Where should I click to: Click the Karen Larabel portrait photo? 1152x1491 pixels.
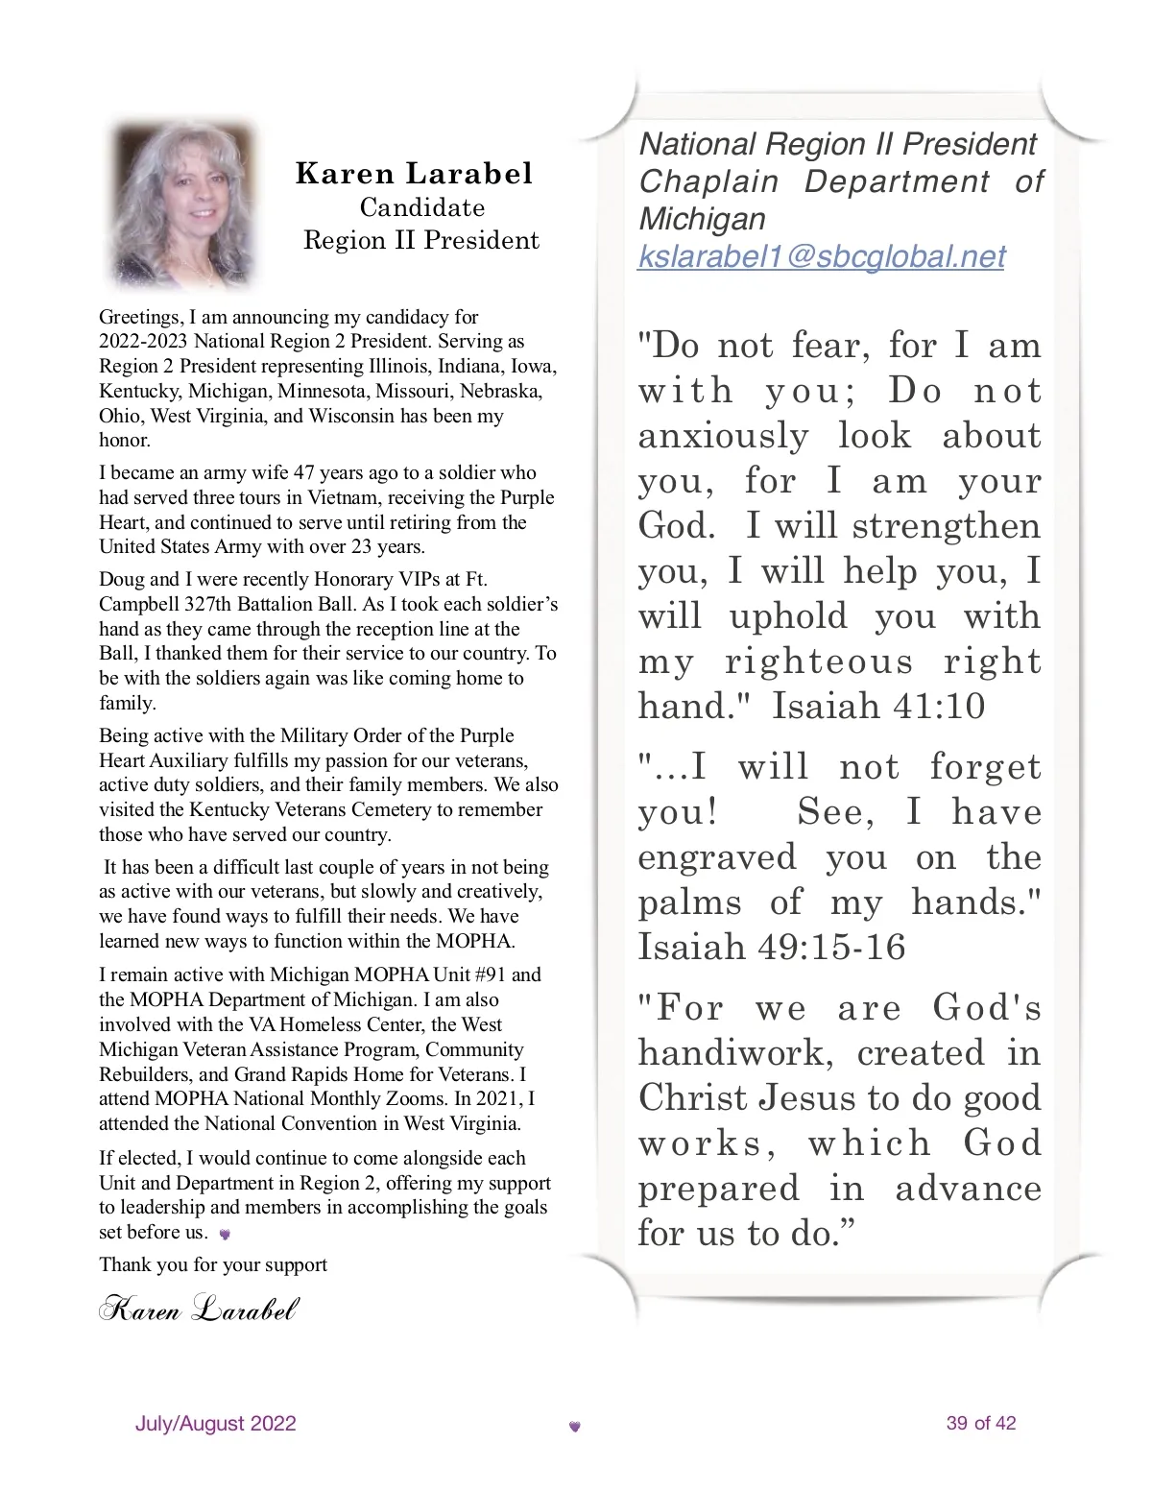click(x=182, y=204)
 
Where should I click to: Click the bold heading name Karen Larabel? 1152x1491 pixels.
click(x=414, y=174)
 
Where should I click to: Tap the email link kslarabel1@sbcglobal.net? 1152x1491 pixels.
click(x=822, y=256)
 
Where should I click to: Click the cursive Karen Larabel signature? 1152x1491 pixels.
click(x=199, y=1309)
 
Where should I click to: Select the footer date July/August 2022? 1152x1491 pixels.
click(x=216, y=1423)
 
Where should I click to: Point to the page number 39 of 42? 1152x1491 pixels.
click(x=980, y=1423)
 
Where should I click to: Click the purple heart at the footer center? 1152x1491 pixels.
click(x=575, y=1427)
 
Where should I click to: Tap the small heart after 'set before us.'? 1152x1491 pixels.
click(x=225, y=1235)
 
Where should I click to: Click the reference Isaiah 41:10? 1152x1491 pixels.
click(x=878, y=707)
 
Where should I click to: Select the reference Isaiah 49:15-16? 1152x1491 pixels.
click(x=772, y=948)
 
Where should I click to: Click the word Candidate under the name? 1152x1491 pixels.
click(x=422, y=207)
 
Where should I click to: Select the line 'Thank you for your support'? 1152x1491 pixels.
click(x=213, y=1264)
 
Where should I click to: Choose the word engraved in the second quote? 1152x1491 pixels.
click(x=717, y=857)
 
